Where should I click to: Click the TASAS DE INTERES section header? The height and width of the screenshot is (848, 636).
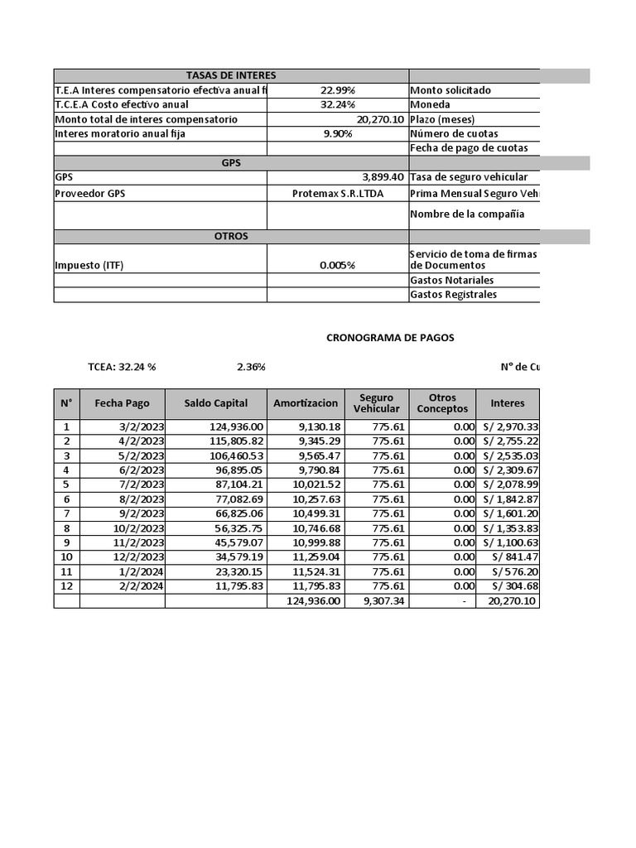coord(231,75)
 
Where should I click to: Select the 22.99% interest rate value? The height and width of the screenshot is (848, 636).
coord(338,90)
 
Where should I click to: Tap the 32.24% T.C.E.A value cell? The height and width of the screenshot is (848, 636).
coord(338,104)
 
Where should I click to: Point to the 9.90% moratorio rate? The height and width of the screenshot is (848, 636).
coord(338,133)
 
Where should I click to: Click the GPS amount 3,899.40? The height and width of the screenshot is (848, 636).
coord(383,177)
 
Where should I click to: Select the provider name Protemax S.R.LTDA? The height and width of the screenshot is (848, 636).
coord(338,193)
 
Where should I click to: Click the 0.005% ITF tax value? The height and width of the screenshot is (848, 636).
coord(338,266)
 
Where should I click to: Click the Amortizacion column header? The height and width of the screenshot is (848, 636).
coord(306,403)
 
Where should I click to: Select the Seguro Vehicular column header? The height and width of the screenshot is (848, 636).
coord(377,403)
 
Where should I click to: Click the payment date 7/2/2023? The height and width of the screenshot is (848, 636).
coord(142,484)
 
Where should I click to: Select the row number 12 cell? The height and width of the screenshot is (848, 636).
coord(66,586)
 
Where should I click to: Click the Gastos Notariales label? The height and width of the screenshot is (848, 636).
coord(451,280)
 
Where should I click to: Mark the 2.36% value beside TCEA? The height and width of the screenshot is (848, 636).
coord(251,366)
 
